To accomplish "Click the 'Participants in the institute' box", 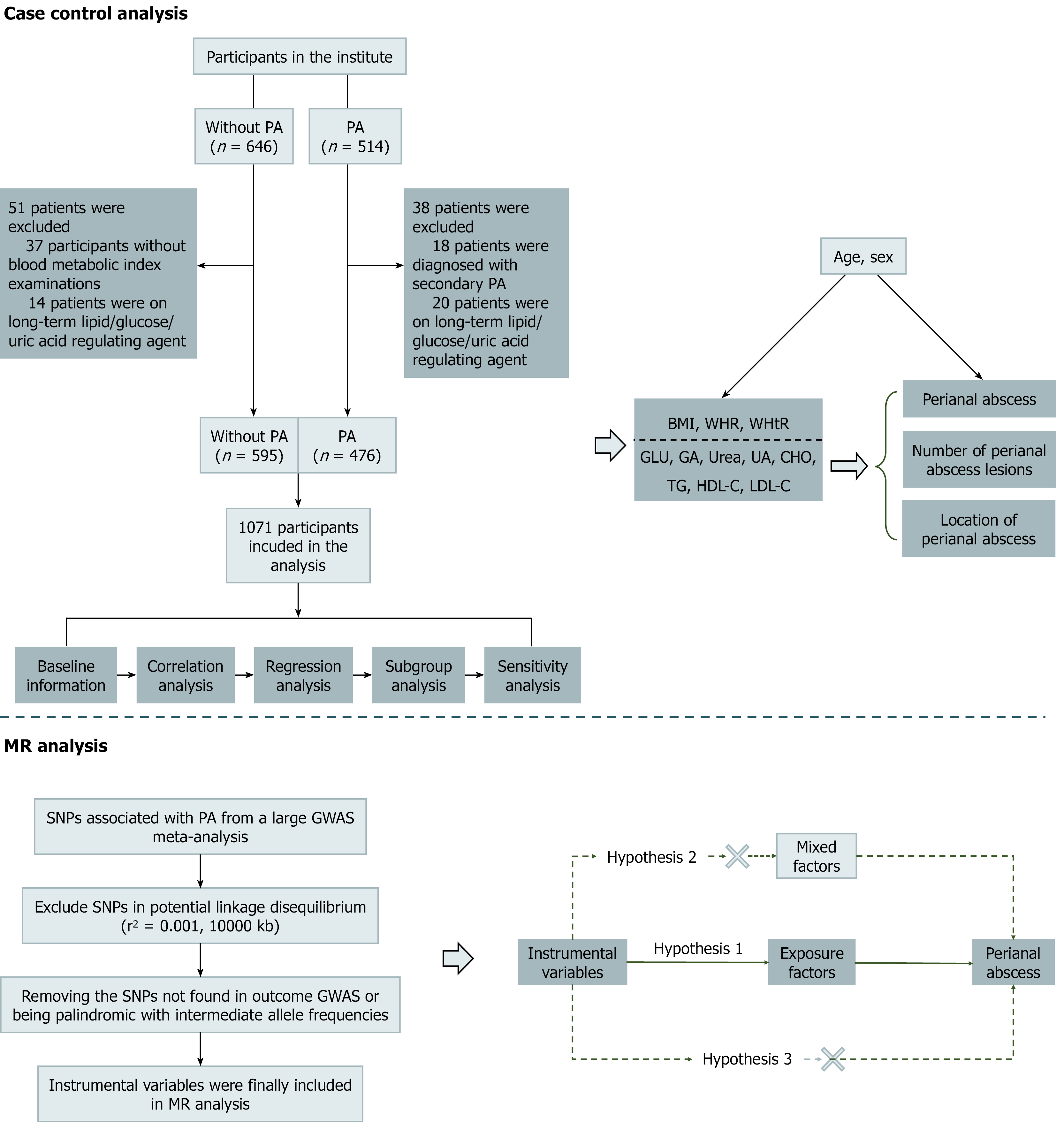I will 299,57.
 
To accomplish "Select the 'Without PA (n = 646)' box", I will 244,137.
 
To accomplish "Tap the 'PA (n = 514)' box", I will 355,137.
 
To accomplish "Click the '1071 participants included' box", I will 298,546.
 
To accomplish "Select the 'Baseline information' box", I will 66,675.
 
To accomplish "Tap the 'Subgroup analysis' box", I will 418,675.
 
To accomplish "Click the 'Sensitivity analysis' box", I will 532,675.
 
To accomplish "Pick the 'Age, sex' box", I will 863,257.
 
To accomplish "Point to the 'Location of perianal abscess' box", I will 979,529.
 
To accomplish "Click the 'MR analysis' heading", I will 56,746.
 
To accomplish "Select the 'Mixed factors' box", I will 816,856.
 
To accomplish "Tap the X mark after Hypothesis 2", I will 737,856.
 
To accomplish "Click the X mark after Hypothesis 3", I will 833,1059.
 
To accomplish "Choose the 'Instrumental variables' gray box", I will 572,962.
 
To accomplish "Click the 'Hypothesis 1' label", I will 698,948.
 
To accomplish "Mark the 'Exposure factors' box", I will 812,962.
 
